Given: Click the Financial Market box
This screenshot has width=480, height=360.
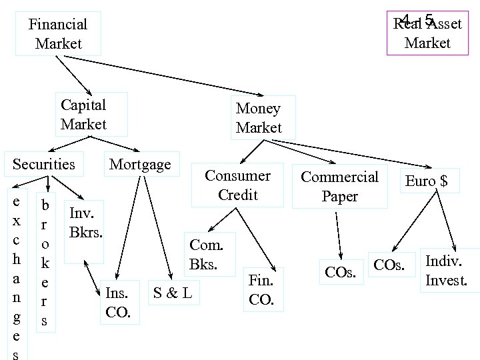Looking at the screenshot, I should (58, 33).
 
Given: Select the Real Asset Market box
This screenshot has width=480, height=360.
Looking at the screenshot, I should (427, 33).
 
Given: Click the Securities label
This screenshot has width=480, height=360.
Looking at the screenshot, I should (44, 164).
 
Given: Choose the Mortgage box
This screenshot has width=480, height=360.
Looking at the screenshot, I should (140, 164).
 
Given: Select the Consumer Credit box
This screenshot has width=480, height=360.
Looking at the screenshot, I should (237, 185).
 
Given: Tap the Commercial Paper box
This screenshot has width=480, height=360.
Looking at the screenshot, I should (339, 186).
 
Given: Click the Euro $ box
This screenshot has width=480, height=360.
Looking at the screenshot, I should (427, 181).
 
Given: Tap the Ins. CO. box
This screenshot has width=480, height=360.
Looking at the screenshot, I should (119, 302).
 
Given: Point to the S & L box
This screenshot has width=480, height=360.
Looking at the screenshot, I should (173, 292).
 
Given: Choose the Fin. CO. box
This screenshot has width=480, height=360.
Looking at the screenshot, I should (261, 289).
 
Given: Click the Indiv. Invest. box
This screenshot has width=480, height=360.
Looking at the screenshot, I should (446, 270).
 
